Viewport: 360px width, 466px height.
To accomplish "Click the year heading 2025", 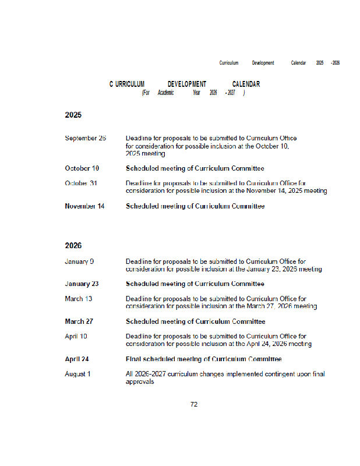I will coord(73,115).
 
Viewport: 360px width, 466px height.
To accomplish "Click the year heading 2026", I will coord(73,246).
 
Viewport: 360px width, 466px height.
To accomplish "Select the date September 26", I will coord(85,138).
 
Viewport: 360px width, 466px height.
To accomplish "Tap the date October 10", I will coord(82,168).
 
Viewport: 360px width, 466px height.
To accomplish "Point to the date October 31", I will coord(81,183).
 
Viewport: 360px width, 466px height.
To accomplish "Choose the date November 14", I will coord(84,206).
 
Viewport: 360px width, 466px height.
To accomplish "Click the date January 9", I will coord(79,262).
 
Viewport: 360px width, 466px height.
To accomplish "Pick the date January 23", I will coord(82,284).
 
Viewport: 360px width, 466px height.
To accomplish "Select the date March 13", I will coord(78,298).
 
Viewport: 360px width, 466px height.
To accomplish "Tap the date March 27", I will coord(79,322).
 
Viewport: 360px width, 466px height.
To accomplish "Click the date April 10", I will coord(76,336).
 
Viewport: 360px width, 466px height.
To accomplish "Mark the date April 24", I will coord(76,359).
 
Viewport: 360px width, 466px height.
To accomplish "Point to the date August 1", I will coord(77,374).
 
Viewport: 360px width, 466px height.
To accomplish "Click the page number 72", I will coord(194,404).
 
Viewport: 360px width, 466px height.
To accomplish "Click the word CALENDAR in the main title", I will coord(246,84).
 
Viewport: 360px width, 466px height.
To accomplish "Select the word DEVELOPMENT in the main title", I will coord(187,84).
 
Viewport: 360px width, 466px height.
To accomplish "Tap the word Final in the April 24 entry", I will coord(133,359).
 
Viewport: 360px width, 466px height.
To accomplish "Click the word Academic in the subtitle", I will coord(165,93).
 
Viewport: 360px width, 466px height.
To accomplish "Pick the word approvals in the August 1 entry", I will coord(140,382).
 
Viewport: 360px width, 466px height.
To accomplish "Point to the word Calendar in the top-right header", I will coord(298,63).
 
